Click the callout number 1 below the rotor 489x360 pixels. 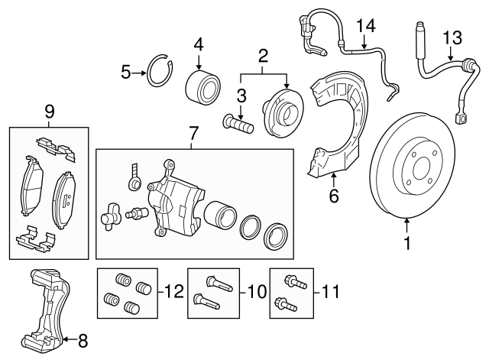[407, 245]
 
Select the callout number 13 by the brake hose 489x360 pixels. [452, 37]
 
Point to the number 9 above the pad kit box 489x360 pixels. [50, 112]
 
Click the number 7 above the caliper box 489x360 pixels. [193, 135]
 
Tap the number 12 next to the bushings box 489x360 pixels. [174, 290]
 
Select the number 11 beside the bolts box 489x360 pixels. [331, 290]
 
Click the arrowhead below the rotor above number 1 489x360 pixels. [407, 220]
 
